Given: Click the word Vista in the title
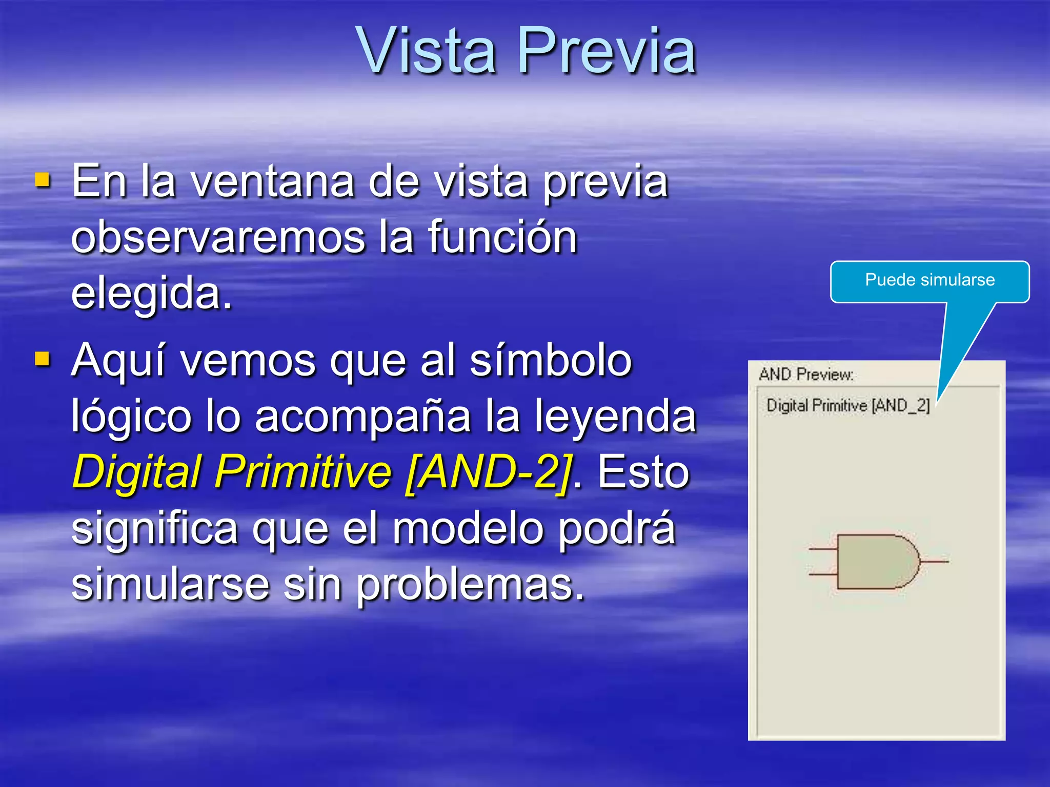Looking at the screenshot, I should pyautogui.click(x=427, y=50).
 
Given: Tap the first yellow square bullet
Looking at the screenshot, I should pyautogui.click(x=43, y=180).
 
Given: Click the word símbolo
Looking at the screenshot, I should pyautogui.click(x=551, y=361).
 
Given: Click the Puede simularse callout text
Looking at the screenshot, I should pyautogui.click(x=930, y=280).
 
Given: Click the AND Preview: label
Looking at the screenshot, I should pyautogui.click(x=806, y=375).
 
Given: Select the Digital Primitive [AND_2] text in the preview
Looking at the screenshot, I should pyautogui.click(x=848, y=405).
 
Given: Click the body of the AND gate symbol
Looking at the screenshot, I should pyautogui.click(x=872, y=562).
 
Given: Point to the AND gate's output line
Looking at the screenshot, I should pyautogui.click(x=934, y=562).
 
